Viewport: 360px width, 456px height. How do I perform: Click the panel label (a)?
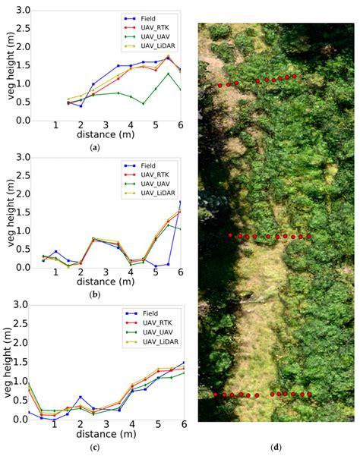coord(94,146)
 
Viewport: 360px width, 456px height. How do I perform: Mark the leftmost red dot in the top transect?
coord(220,85)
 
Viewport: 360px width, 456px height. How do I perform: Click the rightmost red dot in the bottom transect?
coord(310,395)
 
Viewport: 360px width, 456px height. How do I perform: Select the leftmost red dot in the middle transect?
coord(231,235)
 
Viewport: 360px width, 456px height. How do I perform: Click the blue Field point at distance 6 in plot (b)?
coord(180,202)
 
